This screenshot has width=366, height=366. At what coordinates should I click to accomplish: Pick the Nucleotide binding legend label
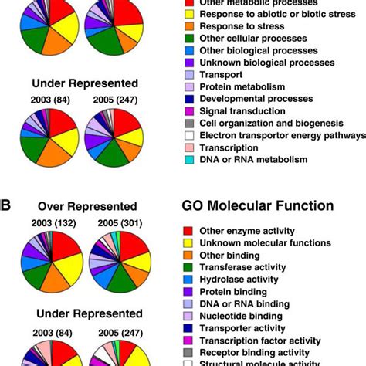(240, 316)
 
